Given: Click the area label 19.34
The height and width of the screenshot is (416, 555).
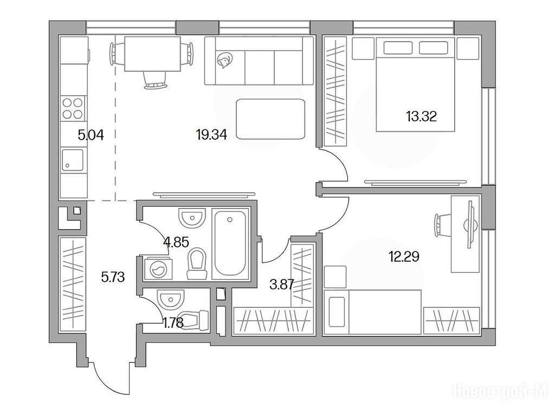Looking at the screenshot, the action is coord(211,134).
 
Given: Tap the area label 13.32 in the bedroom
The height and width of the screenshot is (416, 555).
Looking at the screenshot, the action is coord(421,116).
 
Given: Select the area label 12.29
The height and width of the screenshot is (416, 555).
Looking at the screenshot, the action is coord(404,256).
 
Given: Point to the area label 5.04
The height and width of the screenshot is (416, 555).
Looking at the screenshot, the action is coord(91,135).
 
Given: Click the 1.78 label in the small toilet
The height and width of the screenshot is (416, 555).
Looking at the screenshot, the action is coord(173,323).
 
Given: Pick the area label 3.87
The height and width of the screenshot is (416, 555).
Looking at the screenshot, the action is coord(282,284).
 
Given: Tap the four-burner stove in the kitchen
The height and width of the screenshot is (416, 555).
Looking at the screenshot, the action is coord(73,108).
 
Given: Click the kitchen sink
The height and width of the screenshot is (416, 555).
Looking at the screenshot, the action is coord(73,160).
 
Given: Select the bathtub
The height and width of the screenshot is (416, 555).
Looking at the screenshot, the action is coord(230,243).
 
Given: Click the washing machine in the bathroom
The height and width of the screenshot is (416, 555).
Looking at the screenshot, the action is coord(158,269).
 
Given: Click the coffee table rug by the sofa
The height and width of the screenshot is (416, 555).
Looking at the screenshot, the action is coord(271,119).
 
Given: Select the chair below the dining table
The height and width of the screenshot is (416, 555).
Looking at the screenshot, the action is coord(154,80).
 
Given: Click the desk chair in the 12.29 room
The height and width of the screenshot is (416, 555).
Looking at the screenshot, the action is coord(442,225).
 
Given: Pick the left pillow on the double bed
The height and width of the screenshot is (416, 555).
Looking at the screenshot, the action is coord(398,48).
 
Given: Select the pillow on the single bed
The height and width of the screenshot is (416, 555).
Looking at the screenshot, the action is coord(337,312).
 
